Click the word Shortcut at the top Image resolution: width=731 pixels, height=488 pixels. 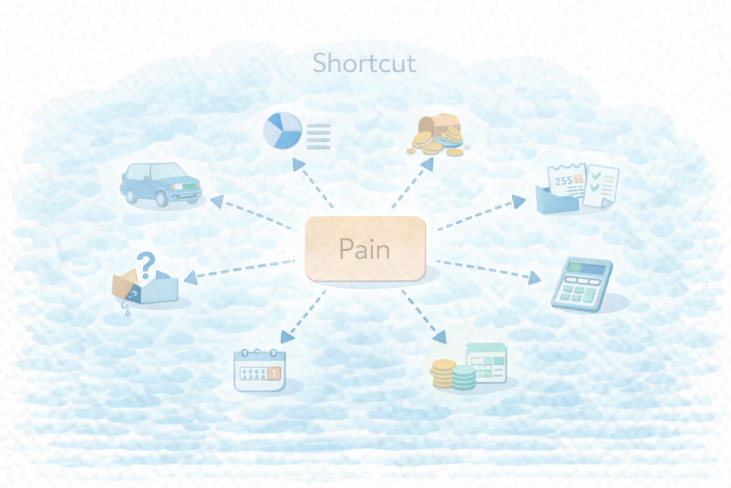[x=364, y=63]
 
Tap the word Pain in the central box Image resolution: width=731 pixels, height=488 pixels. [x=365, y=249]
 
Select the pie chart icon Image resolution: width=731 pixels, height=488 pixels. [x=283, y=130]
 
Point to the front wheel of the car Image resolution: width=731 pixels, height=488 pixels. [x=162, y=198]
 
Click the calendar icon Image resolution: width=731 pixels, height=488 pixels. [x=259, y=370]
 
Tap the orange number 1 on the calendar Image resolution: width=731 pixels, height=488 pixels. [x=274, y=373]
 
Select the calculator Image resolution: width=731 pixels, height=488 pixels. [x=581, y=285]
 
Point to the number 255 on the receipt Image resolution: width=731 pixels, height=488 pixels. [x=563, y=181]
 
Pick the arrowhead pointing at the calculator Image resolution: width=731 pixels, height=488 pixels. [x=535, y=278]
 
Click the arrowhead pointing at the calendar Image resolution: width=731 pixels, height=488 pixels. [x=287, y=337]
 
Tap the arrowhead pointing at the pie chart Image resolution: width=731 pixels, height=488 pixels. [x=298, y=164]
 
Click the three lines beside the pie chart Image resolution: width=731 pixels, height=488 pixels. [x=318, y=137]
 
